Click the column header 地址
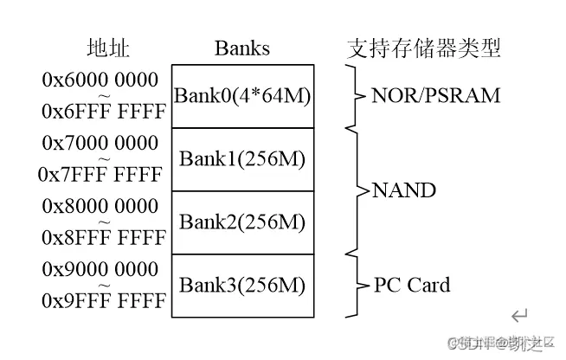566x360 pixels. click(108, 48)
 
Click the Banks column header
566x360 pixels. click(241, 48)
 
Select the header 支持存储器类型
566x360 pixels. click(423, 48)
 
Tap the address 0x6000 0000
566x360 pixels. click(100, 80)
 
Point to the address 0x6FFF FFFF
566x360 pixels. click(100, 112)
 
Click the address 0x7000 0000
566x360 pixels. click(100, 143)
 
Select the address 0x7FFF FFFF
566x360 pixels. click(100, 175)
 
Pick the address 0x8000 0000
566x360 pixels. click(100, 206)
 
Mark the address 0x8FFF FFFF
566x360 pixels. click(100, 238)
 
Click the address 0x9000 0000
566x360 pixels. click(100, 269)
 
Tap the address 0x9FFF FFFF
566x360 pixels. click(100, 301)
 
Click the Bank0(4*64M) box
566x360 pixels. click(241, 96)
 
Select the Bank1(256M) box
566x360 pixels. click(241, 159)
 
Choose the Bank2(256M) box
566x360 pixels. click(241, 222)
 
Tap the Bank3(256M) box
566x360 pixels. click(241, 286)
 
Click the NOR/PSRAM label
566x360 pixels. click(435, 96)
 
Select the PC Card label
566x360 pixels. click(411, 286)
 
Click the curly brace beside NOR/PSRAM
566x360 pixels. click(352, 96)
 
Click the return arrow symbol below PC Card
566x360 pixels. click(518, 316)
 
